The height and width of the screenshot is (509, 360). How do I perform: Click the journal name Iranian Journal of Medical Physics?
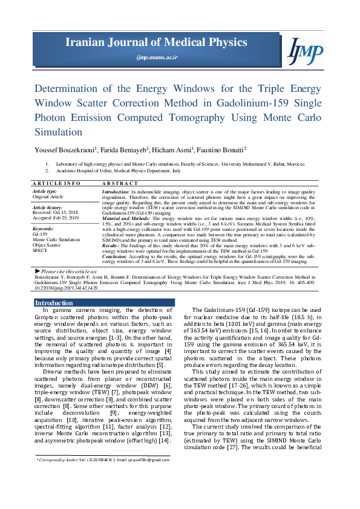point(157,42)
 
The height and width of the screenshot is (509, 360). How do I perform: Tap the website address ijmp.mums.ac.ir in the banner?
point(157,57)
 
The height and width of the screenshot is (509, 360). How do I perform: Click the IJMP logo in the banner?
point(304,49)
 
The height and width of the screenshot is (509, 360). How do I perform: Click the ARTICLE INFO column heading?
point(56,183)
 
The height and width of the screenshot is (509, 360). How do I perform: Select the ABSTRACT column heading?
point(120,183)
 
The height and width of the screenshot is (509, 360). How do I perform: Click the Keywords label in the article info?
point(43,229)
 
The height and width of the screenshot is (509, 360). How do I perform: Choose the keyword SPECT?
point(41,250)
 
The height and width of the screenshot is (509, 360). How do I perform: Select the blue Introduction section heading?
point(54,303)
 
